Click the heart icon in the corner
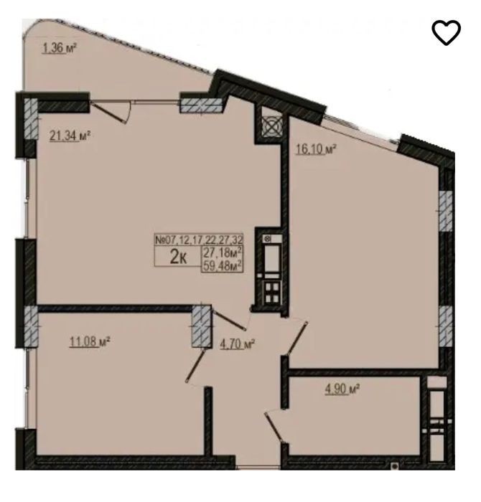pyautogui.click(x=446, y=32)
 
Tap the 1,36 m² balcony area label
pyautogui.click(x=60, y=48)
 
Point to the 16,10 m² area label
pyautogui.click(x=316, y=149)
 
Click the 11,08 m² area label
pyautogui.click(x=90, y=341)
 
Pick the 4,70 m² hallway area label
pyautogui.click(x=238, y=344)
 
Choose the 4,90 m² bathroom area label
pyautogui.click(x=342, y=389)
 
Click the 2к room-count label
pyautogui.click(x=179, y=257)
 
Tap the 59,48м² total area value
pyautogui.click(x=223, y=265)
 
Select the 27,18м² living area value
pyautogui.click(x=223, y=252)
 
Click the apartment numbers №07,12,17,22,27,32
pyautogui.click(x=199, y=240)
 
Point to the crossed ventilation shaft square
pyautogui.click(x=272, y=126)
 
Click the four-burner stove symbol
pyautogui.click(x=272, y=293)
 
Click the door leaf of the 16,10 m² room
pyautogui.click(x=298, y=338)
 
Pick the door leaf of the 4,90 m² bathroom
pyautogui.click(x=274, y=428)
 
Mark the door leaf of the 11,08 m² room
pyautogui.click(x=195, y=366)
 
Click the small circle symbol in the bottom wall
pyautogui.click(x=395, y=466)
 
